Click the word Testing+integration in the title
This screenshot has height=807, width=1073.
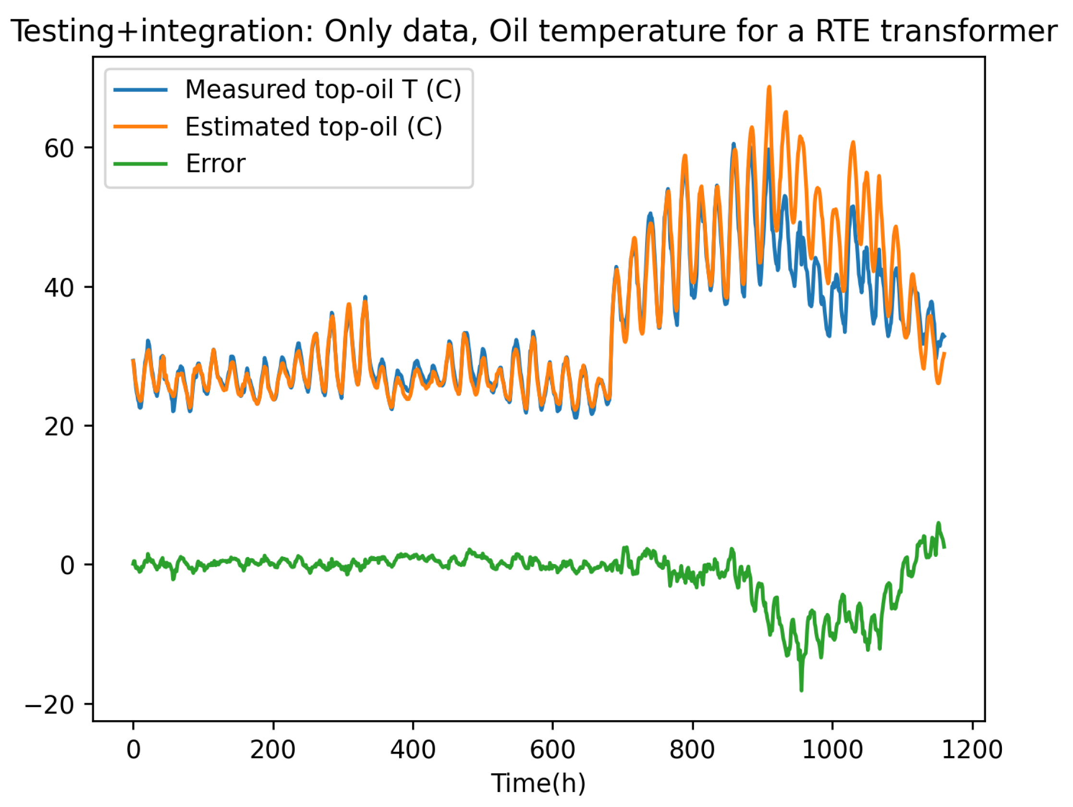pos(162,32)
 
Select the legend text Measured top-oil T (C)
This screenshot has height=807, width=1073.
pos(323,90)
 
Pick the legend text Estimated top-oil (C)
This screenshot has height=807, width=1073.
pos(313,127)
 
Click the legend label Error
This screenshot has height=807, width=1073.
pos(215,164)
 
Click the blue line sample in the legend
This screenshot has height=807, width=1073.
pos(141,90)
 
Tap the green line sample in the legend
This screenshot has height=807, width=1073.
pos(141,164)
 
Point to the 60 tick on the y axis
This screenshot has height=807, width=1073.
pos(59,148)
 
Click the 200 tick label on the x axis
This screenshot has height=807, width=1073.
pos(273,750)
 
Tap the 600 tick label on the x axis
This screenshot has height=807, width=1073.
pos(552,750)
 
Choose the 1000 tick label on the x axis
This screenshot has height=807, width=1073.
pos(832,750)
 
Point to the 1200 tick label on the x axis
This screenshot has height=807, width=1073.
pos(972,750)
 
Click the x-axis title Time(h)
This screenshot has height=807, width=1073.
pos(538,783)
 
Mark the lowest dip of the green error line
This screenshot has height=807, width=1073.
pos(801,690)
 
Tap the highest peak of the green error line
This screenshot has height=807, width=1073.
pos(939,523)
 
